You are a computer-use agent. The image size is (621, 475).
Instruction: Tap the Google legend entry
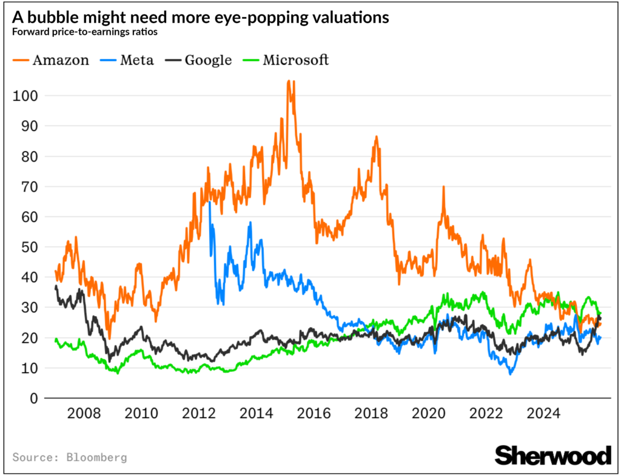pos(200,60)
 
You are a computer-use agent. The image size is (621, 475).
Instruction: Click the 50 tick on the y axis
pos(29,247)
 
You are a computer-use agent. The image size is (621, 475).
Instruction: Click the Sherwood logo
pos(553,454)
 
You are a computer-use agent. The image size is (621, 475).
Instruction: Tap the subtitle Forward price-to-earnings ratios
pos(85,33)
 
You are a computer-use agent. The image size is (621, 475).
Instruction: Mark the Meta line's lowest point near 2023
pos(511,374)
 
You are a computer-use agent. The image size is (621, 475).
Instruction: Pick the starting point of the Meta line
pos(210,202)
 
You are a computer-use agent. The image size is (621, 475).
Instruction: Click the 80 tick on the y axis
pos(29,157)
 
